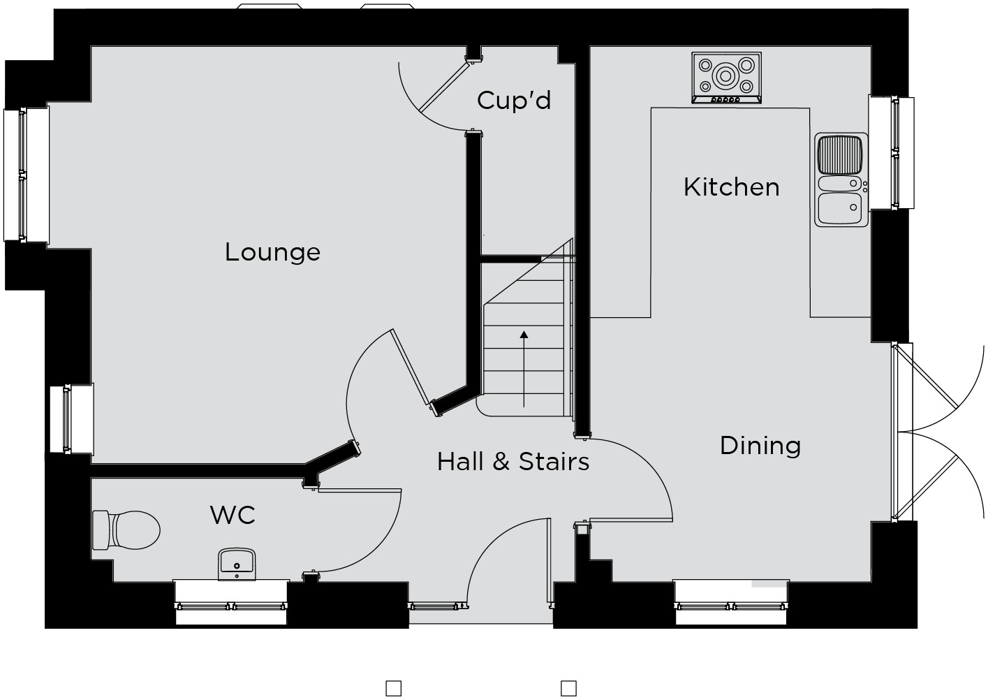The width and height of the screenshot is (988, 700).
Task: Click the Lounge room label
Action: pyautogui.click(x=272, y=253)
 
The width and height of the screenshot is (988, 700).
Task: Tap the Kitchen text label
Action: pyautogui.click(x=732, y=187)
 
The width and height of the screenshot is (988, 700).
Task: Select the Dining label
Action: pyautogui.click(x=760, y=446)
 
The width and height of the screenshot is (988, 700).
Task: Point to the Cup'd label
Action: pyautogui.click(x=514, y=100)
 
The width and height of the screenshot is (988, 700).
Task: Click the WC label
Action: pyautogui.click(x=233, y=515)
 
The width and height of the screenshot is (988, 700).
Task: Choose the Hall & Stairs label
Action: pyautogui.click(x=513, y=462)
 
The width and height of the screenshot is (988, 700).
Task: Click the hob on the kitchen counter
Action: pyautogui.click(x=726, y=78)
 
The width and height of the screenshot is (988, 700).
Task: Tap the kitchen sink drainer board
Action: pyautogui.click(x=839, y=154)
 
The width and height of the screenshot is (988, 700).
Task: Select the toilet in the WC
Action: pyautogui.click(x=126, y=530)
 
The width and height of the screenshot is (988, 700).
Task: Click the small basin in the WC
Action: pyautogui.click(x=237, y=564)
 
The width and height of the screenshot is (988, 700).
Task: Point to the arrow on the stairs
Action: pyautogui.click(x=524, y=369)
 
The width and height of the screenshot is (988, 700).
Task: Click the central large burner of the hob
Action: pyautogui.click(x=725, y=76)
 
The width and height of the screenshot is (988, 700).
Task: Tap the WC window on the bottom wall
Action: pyautogui.click(x=231, y=603)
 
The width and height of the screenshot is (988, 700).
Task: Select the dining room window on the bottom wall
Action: pyautogui.click(x=731, y=603)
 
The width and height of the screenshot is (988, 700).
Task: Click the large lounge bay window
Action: pyautogui.click(x=27, y=175)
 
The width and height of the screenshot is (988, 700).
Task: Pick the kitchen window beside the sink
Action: pyautogui.click(x=892, y=152)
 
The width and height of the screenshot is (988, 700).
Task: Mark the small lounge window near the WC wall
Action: pyautogui.click(x=71, y=419)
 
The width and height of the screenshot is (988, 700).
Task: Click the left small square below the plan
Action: pyautogui.click(x=393, y=688)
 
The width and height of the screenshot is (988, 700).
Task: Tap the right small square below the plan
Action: pyautogui.click(x=568, y=688)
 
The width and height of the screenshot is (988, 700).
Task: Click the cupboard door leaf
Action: pyautogui.click(x=443, y=87)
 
